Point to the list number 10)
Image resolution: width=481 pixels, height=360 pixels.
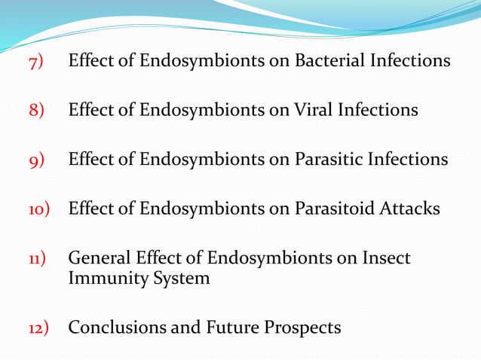coord(38,209)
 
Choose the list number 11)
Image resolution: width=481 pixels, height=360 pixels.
coord(38,259)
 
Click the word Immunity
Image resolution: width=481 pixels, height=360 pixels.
coord(103,279)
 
